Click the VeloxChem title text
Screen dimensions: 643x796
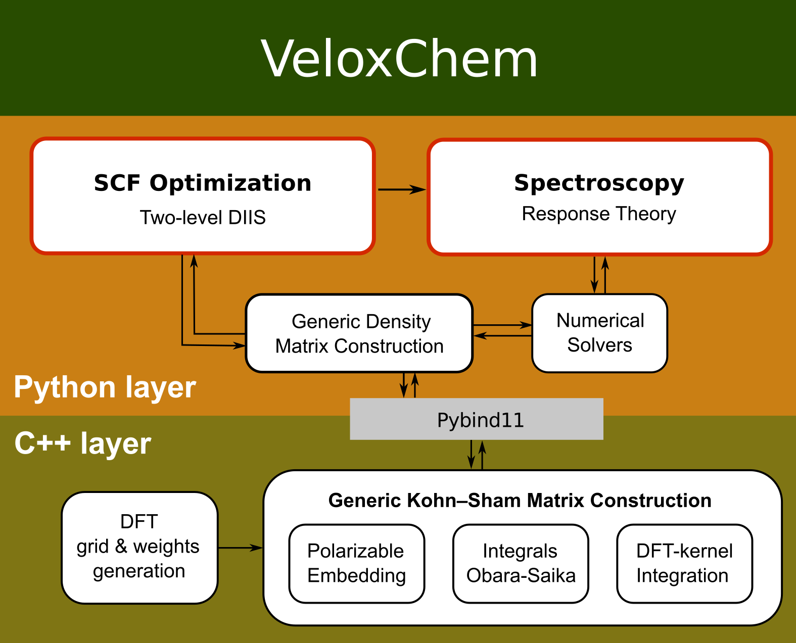399,59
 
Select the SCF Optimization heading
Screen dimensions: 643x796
202,183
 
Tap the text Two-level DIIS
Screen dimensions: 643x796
202,217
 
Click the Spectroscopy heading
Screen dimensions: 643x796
599,183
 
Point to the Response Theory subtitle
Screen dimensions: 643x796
599,214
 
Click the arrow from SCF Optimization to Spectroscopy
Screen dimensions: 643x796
402,189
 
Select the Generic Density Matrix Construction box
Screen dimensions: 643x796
359,333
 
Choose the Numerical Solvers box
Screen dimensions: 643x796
599,333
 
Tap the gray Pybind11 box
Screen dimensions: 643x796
477,419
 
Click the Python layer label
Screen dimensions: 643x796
105,387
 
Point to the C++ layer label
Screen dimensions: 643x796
82,443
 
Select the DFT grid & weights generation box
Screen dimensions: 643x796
139,547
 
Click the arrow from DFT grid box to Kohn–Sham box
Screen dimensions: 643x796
241,548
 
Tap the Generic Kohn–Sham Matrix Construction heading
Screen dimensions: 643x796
520,501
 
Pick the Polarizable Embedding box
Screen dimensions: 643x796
356,563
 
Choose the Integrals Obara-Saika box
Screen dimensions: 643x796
521,563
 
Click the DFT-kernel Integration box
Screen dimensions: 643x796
684,563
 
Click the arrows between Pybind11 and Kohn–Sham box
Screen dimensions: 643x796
477,455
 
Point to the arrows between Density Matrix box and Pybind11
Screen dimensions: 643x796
409,385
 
